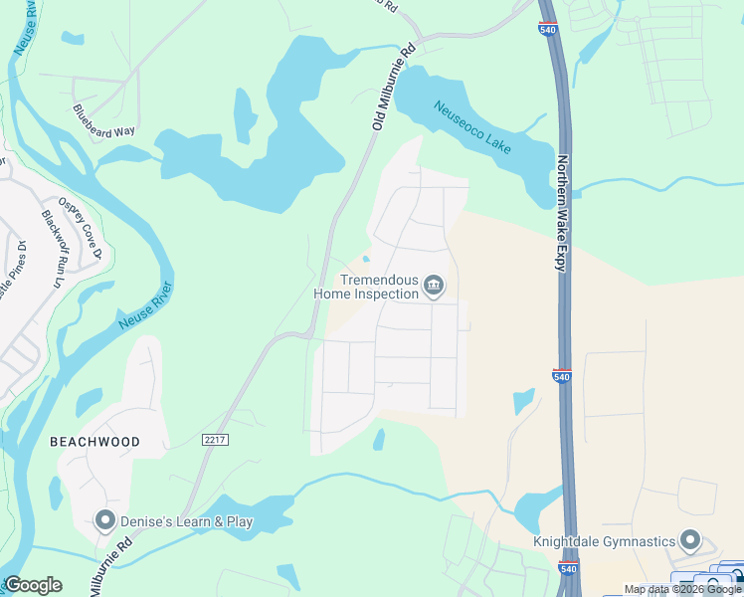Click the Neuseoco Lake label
(472, 126)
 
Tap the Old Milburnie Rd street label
(392, 87)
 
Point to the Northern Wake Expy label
(563, 213)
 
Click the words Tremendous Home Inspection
(366, 288)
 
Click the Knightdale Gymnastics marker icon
(691, 541)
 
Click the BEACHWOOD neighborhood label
(95, 441)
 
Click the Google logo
(33, 585)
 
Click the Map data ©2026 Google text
(682, 589)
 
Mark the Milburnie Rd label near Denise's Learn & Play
(110, 567)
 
